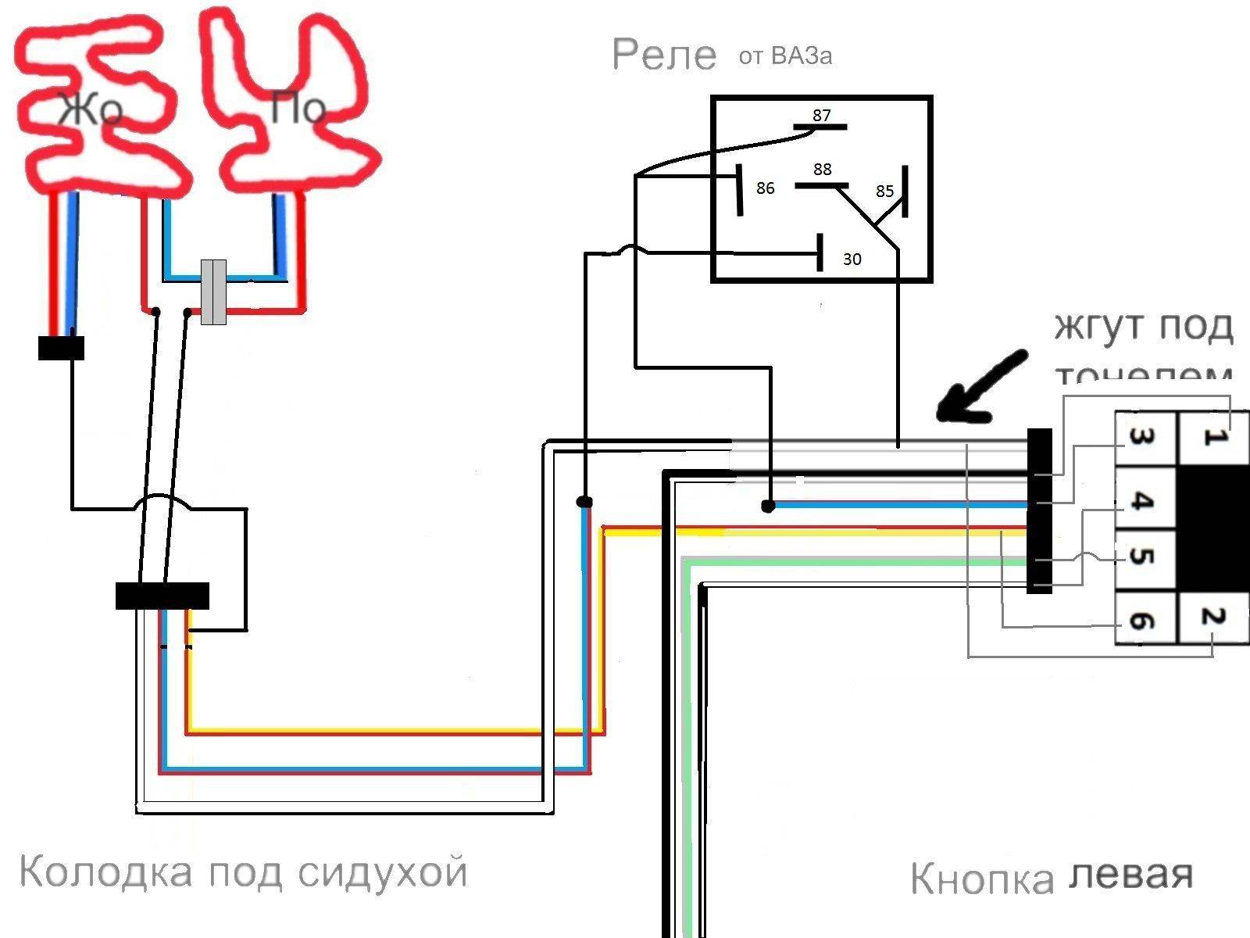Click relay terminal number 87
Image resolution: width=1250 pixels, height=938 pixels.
click(821, 116)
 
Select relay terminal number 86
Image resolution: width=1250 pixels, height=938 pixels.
click(765, 188)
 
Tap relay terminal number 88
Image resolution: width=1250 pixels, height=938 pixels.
click(822, 170)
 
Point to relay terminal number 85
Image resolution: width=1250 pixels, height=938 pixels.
click(884, 192)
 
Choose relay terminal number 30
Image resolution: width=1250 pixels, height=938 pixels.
click(852, 259)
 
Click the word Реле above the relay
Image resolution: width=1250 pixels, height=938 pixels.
click(664, 55)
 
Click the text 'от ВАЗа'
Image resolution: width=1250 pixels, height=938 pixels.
click(785, 56)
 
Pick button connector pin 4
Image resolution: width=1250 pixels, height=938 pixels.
click(1142, 500)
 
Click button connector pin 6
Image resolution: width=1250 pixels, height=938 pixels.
click(1142, 621)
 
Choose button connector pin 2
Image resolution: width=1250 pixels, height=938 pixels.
click(1212, 618)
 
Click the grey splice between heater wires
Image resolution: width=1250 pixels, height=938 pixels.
click(213, 292)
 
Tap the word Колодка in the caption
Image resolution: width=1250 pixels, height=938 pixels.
click(105, 872)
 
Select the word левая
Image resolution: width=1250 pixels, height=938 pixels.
click(1130, 875)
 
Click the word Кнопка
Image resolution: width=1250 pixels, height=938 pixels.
click(982, 879)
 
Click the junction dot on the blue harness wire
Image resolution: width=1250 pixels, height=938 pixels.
click(768, 507)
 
